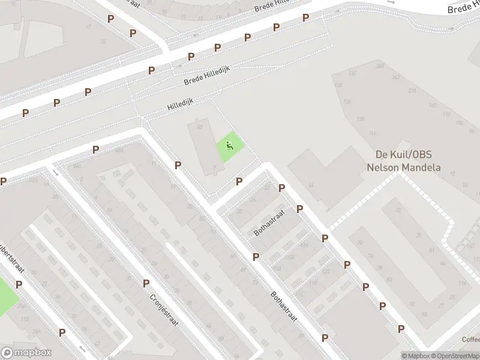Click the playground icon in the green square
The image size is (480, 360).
click(229, 145)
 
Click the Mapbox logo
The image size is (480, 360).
click(26, 353)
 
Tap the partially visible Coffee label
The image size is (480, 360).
click(470, 339)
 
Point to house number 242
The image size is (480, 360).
click(395, 77)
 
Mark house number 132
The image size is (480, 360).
click(352, 73)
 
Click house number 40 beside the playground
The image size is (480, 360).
click(199, 127)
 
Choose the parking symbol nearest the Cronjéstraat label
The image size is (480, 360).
click(146, 283)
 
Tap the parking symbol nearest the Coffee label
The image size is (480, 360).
click(401, 329)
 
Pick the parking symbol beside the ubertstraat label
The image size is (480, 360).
click(19, 284)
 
